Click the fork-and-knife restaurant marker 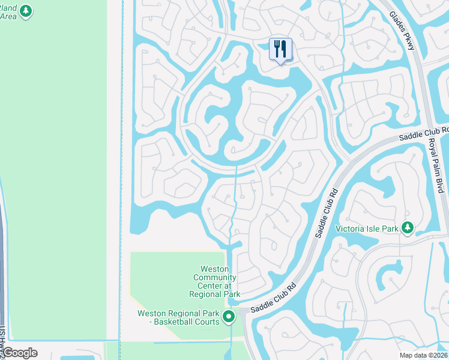(280, 49)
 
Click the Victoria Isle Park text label (367, 228)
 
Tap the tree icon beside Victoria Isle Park (408, 227)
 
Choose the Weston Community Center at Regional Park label (215, 281)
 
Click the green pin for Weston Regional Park (229, 317)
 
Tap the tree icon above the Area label (25, 10)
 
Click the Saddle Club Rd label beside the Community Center (274, 298)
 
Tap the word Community (214, 277)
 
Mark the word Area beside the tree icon (8, 16)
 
